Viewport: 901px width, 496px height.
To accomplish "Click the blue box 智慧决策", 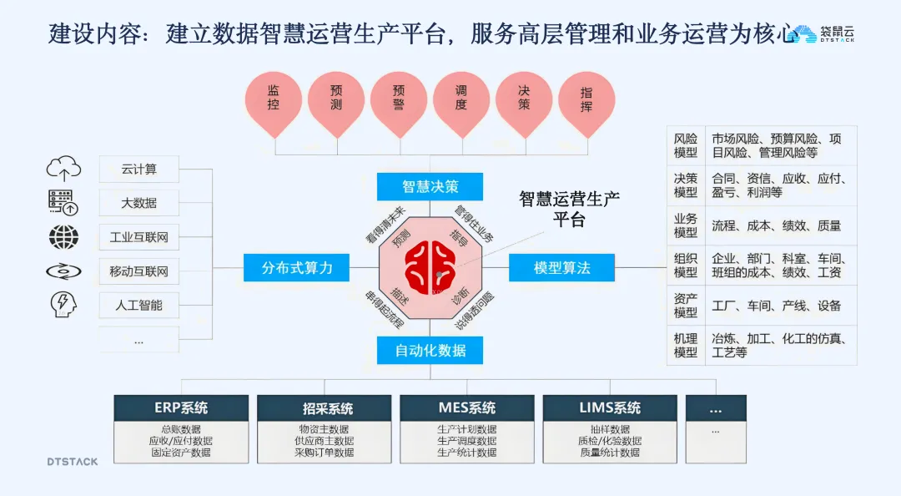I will [430, 186].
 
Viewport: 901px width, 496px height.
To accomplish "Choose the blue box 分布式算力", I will [297, 267].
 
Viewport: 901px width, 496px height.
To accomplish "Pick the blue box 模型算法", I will [561, 267].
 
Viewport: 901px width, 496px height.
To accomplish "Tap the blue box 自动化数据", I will [430, 350].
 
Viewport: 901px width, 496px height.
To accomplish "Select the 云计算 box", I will [138, 170].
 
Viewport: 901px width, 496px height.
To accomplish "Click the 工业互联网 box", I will [138, 237].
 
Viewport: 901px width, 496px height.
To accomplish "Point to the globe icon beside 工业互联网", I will [63, 237].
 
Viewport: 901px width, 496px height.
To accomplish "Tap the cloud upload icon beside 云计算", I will [63, 170].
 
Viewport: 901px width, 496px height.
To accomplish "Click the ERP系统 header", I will [181, 408].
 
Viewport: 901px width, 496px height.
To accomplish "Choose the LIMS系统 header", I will [610, 408].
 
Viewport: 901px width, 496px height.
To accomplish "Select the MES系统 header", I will [466, 408].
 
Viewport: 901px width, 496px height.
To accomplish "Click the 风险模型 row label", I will [686, 145].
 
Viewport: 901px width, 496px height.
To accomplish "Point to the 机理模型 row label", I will [686, 346].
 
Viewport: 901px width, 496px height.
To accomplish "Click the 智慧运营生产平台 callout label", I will [569, 209].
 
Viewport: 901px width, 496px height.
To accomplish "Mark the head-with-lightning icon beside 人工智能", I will [63, 304].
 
